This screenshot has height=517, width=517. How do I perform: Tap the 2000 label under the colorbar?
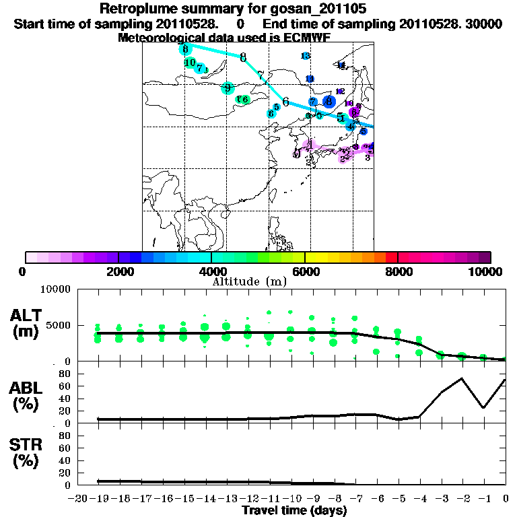pyautogui.click(x=118, y=272)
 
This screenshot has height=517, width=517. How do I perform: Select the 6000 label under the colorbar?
pyautogui.click(x=304, y=272)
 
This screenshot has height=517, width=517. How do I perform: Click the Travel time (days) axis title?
pyautogui.click(x=294, y=510)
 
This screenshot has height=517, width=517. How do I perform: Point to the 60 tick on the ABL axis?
pyautogui.click(x=65, y=386)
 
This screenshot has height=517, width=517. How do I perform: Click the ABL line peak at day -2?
pyautogui.click(x=462, y=378)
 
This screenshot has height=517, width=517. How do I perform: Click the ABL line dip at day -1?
pyautogui.click(x=483, y=407)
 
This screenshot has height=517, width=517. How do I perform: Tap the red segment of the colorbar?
pyautogui.click(x=390, y=257)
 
